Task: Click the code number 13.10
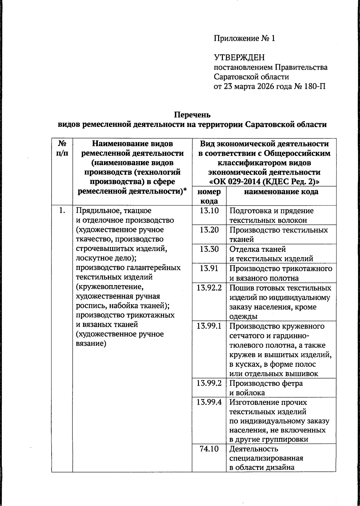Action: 209,211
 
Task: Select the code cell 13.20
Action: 209,230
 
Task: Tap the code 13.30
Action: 209,249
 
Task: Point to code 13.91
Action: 209,268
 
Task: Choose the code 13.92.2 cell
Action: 209,288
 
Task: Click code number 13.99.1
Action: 209,326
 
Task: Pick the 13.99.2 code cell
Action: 209,383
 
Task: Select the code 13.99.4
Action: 209,402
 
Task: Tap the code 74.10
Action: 209,449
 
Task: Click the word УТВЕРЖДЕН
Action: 239,58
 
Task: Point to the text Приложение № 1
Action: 244,38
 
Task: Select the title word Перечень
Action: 192,115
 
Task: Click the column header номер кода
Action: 209,196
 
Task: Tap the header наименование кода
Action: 281,192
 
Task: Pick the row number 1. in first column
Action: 62,211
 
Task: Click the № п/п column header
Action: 62,148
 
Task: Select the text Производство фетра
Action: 266,383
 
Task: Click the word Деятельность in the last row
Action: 254,449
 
